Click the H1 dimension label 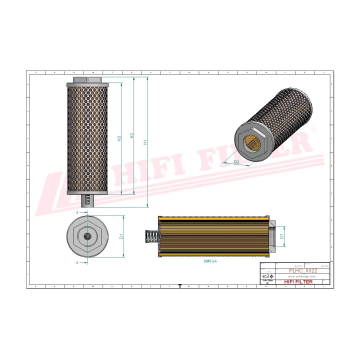(145, 142)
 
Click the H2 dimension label (131, 135)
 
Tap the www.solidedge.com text (295, 276)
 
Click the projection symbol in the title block (265, 276)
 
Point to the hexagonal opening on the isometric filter (253, 141)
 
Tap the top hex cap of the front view (87, 79)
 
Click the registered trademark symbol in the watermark (314, 129)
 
